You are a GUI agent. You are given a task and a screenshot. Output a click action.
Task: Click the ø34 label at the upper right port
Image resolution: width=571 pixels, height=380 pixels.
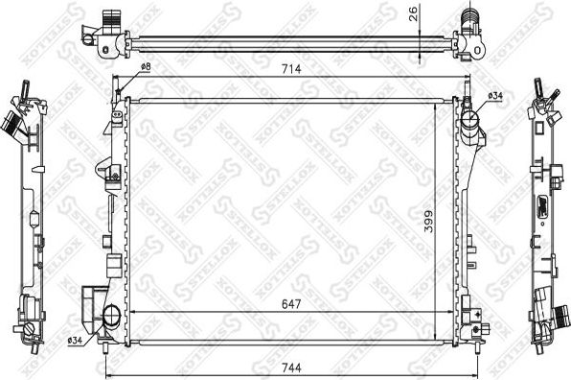[x=495, y=97]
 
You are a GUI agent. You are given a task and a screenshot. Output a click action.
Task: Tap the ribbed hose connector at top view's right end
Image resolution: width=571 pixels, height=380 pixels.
[x=469, y=18]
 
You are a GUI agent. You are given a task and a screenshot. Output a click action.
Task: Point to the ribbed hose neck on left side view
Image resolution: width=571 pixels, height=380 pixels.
[x=13, y=124]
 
